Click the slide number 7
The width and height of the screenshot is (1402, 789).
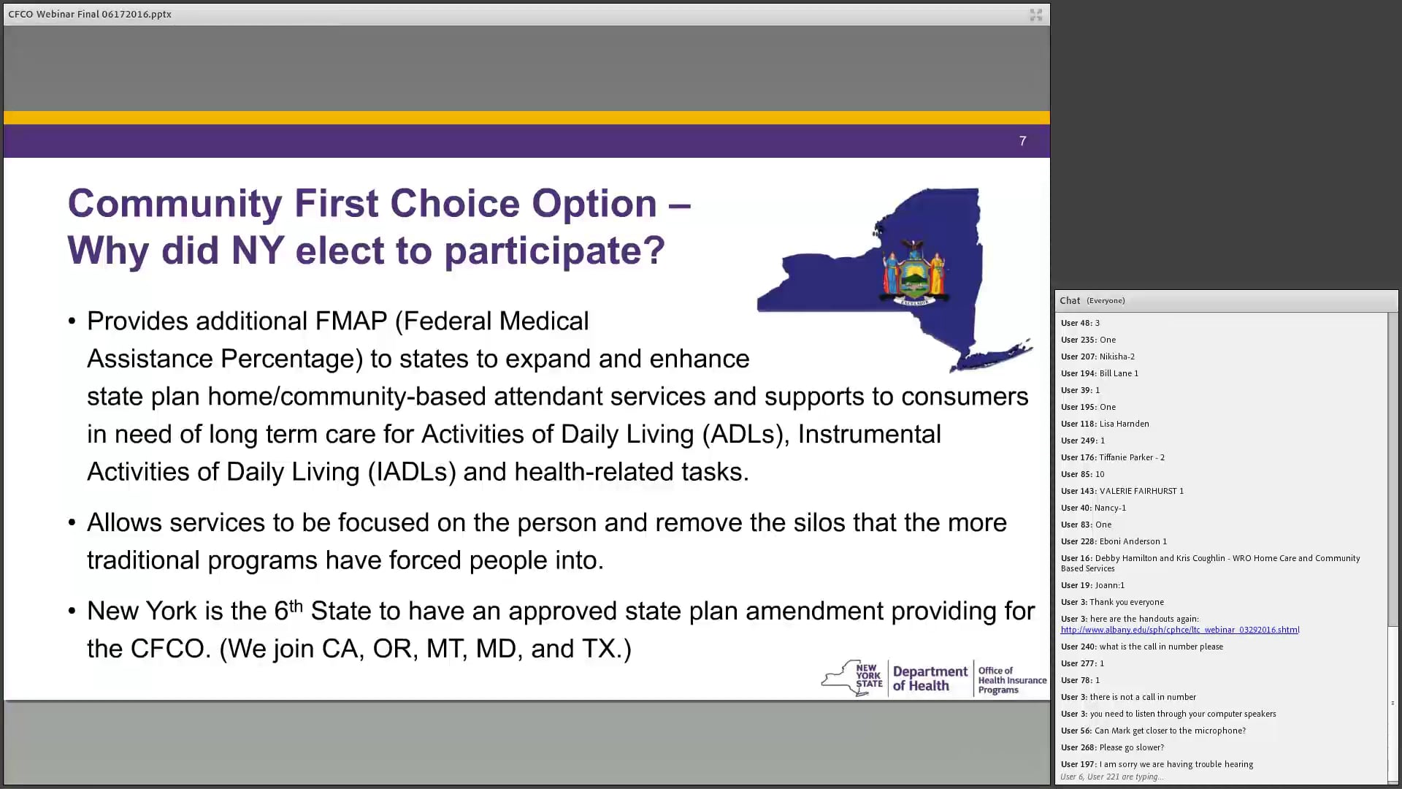click(x=1022, y=141)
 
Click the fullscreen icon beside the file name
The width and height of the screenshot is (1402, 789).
click(x=1035, y=15)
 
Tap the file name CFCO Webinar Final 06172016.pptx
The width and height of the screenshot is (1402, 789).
click(x=90, y=14)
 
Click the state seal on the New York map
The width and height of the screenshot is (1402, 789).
click(x=914, y=272)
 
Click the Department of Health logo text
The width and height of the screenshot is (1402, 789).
click(x=930, y=679)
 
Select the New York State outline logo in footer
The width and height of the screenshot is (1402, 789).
click(x=851, y=678)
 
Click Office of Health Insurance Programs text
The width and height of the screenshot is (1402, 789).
click(x=1011, y=680)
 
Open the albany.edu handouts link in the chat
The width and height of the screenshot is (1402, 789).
click(x=1179, y=630)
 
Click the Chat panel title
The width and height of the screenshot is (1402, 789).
click(x=1070, y=300)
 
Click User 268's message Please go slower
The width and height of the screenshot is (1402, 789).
click(x=1131, y=747)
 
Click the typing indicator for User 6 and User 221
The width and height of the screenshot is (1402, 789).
click(x=1111, y=777)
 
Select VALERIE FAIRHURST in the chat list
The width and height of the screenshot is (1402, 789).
click(x=1141, y=491)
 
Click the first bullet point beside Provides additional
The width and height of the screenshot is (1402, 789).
click(x=72, y=321)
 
